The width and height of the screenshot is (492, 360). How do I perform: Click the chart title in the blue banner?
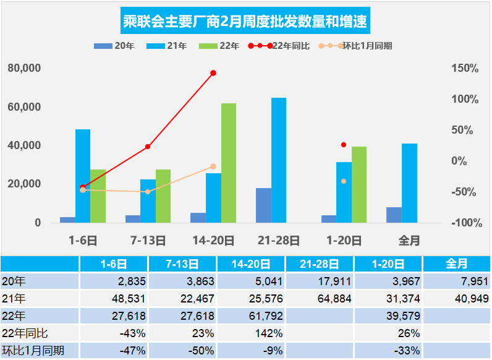point(245,23)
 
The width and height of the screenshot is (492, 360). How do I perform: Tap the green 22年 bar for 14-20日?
point(229,163)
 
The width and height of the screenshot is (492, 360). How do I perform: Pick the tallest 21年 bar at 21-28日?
point(279,160)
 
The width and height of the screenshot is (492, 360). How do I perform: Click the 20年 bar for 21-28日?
point(263,205)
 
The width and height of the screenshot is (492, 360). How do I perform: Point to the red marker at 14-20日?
point(213,73)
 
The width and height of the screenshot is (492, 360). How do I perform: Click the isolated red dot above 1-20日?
point(344,145)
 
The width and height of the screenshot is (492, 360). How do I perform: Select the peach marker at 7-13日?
point(148,192)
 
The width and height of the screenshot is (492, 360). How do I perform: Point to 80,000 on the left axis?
point(24,68)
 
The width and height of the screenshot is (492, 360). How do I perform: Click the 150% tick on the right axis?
point(464,68)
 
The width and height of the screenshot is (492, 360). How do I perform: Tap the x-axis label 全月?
point(409,241)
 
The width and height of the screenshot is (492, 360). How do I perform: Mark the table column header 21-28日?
point(320,264)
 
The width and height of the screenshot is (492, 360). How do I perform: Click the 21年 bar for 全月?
point(409,182)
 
